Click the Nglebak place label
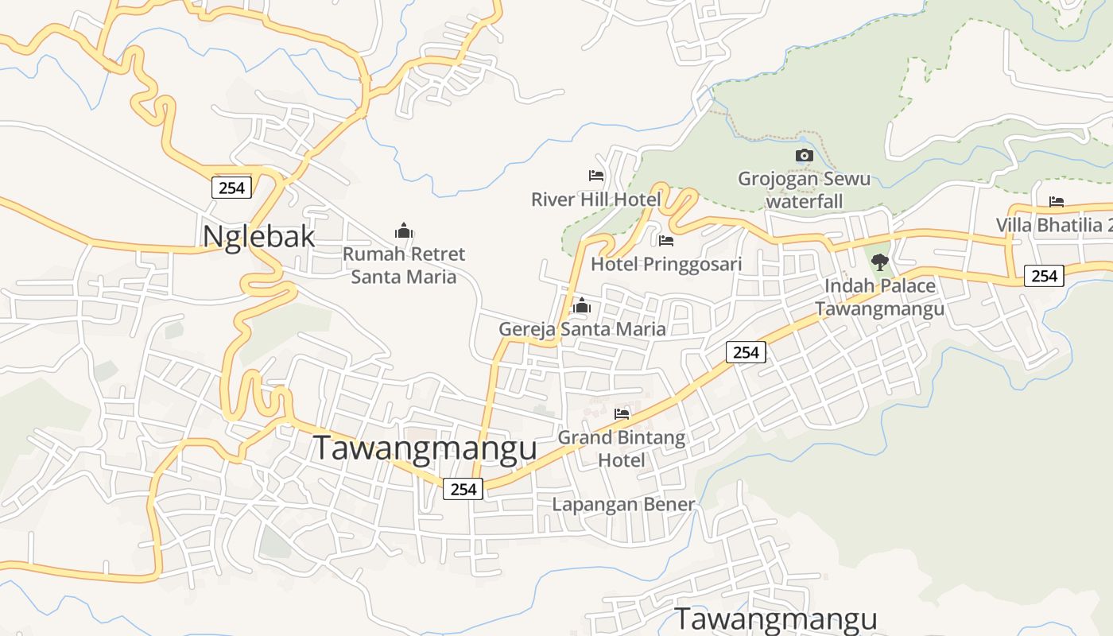pyautogui.click(x=258, y=237)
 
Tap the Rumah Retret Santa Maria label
pyautogui.click(x=404, y=266)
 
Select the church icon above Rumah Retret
pyautogui.click(x=404, y=231)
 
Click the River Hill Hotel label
pyautogui.click(x=596, y=199)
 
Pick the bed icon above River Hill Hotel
pyautogui.click(x=596, y=175)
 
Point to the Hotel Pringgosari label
pyautogui.click(x=666, y=264)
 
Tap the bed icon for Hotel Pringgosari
pyautogui.click(x=666, y=240)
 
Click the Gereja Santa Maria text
pyautogui.click(x=582, y=329)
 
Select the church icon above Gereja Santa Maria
pyautogui.click(x=582, y=305)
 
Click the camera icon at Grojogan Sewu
pyautogui.click(x=805, y=155)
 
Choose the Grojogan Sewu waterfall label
pyautogui.click(x=805, y=190)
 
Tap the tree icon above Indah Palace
pyautogui.click(x=879, y=262)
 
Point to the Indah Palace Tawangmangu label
pyautogui.click(x=879, y=297)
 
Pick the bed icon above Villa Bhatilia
pyautogui.click(x=1056, y=202)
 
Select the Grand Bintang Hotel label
pyautogui.click(x=622, y=448)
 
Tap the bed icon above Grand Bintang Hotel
pyautogui.click(x=622, y=413)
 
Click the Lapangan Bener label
pyautogui.click(x=623, y=505)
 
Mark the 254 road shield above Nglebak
pyautogui.click(x=231, y=188)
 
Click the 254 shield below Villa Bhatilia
pyautogui.click(x=1043, y=275)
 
